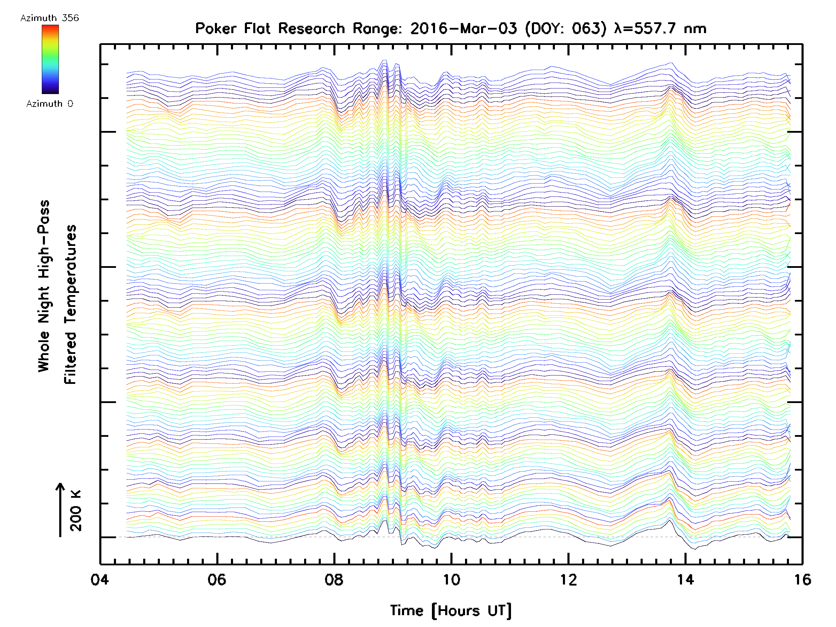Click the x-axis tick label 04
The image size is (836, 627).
100,580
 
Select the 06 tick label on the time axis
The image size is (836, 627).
217,580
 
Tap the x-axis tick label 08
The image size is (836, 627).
334,580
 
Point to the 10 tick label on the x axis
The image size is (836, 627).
451,580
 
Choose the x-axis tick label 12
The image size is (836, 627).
568,580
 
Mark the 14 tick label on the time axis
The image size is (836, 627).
686,580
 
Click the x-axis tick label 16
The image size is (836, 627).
802,580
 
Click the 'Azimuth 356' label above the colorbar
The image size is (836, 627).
49,18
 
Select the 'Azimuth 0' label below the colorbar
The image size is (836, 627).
49,103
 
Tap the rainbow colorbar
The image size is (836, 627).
50,59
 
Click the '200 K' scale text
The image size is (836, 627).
76,510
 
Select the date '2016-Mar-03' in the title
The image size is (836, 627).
463,29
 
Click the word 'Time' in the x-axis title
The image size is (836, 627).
407,610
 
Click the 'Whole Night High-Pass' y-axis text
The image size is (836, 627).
44,286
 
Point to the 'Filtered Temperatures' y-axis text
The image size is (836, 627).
70,305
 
